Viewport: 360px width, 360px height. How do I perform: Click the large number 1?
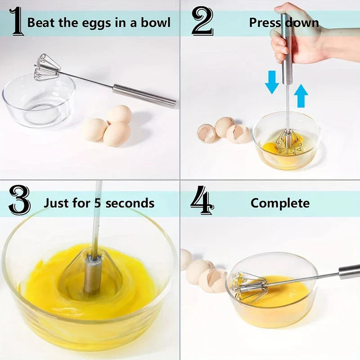pos(17,21)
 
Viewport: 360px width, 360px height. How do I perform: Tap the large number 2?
pos(202,21)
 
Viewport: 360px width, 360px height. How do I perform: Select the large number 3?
pos(19,202)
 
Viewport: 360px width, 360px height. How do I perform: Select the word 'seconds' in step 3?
pos(131,203)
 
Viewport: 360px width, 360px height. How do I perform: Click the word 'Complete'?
pos(280,203)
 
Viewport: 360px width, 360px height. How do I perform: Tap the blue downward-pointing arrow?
pos(272,81)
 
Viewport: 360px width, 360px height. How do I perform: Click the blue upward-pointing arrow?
pos(301,95)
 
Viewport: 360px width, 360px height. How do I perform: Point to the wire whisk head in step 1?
pos(48,67)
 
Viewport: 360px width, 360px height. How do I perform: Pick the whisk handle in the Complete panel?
pos(349,271)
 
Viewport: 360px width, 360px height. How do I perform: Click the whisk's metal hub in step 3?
pos(93,274)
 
